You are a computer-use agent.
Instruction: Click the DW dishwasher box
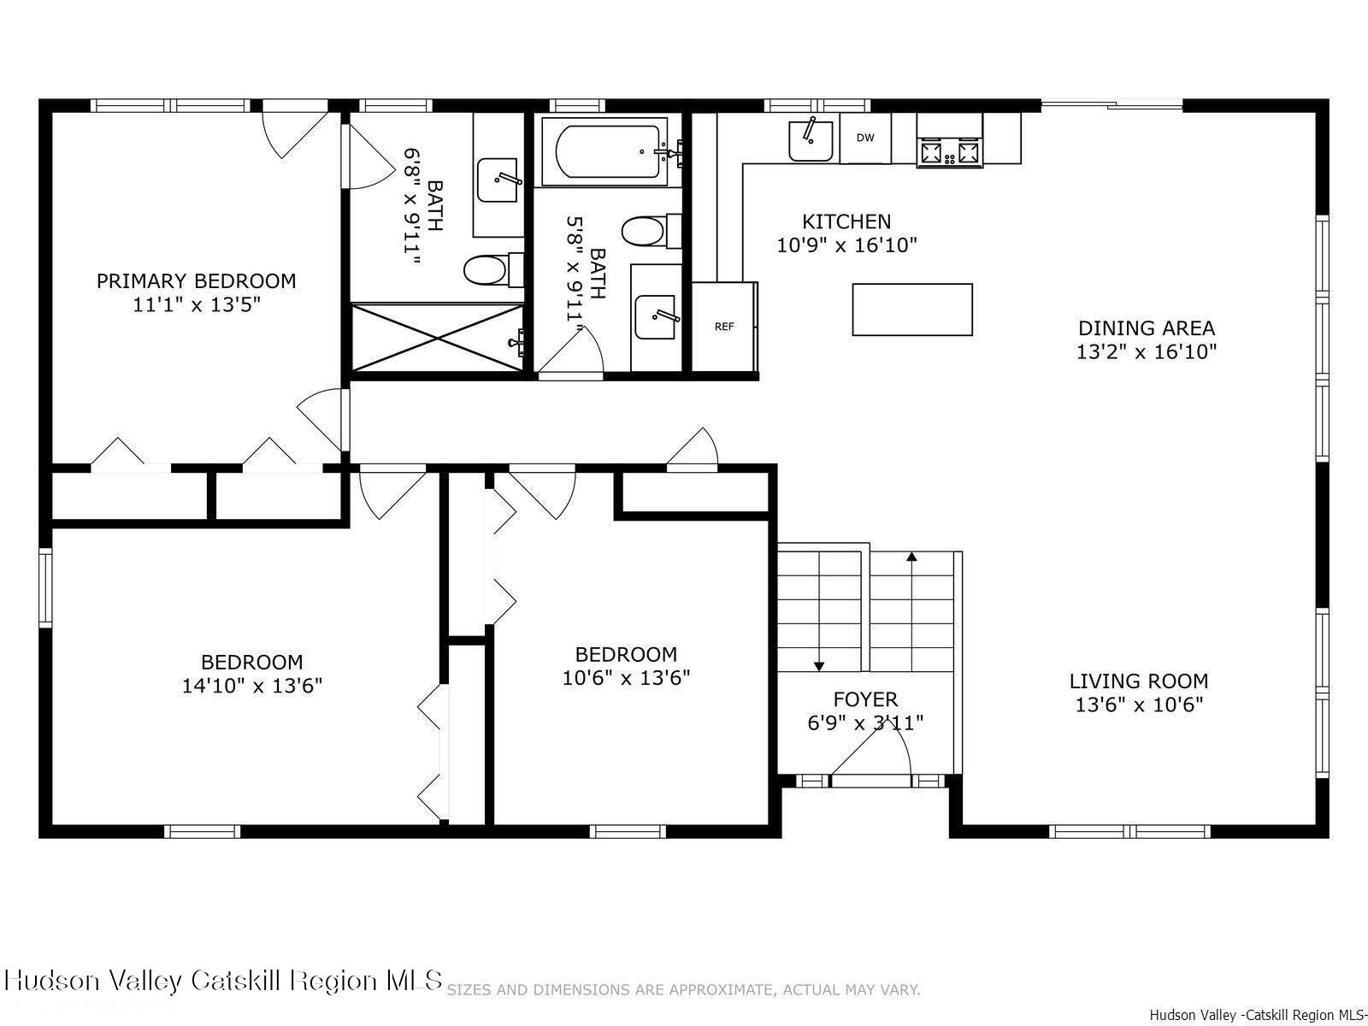[865, 138]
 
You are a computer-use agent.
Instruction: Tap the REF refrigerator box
[724, 327]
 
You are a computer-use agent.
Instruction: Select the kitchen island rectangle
[912, 310]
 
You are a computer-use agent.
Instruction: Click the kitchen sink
[810, 140]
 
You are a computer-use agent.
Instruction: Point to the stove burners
[949, 152]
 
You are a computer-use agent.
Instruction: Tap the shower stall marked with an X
[437, 338]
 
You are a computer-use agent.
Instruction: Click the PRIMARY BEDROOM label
[196, 281]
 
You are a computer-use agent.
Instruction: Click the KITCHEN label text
[846, 222]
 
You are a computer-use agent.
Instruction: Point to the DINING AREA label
[1146, 328]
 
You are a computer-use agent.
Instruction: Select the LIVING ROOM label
[1139, 681]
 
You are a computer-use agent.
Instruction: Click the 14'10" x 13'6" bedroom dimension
[251, 686]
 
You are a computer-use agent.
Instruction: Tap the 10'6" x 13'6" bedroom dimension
[626, 678]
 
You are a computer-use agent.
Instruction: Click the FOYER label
[865, 699]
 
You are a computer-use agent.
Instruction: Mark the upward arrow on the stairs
[911, 557]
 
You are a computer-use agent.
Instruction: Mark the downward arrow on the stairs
[819, 664]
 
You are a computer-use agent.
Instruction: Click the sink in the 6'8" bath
[498, 180]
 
